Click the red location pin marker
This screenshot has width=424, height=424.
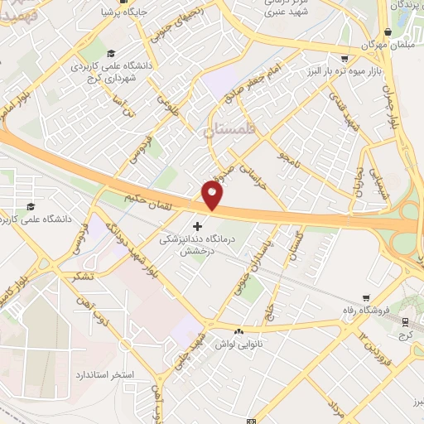click(212, 195)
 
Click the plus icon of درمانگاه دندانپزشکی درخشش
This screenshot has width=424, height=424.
click(197, 226)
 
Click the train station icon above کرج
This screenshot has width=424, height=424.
click(405, 323)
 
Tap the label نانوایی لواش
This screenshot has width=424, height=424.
click(240, 343)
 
